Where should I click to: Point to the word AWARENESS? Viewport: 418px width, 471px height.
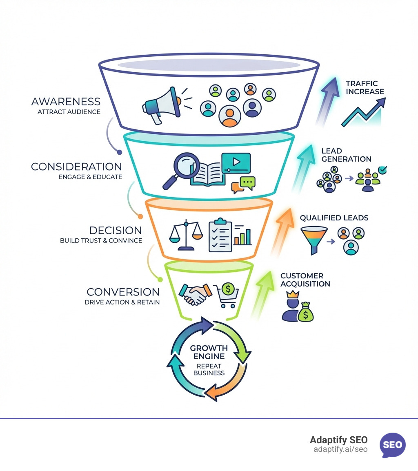pos(66,101)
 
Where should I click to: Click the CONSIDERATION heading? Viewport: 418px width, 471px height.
pos(76,167)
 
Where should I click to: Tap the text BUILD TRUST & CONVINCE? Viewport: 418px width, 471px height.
pos(101,240)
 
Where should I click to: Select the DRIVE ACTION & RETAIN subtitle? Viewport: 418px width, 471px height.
pos(122,302)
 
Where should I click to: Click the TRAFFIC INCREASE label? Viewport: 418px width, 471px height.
pos(365,87)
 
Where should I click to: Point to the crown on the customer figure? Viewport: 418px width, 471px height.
pos(293,294)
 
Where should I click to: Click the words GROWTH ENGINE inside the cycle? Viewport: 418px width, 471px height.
pos(209,352)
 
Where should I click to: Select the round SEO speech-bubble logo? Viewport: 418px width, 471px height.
pos(393,445)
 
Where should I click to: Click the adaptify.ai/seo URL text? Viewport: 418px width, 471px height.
pos(340,449)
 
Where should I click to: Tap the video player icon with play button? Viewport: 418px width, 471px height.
pos(236,163)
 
